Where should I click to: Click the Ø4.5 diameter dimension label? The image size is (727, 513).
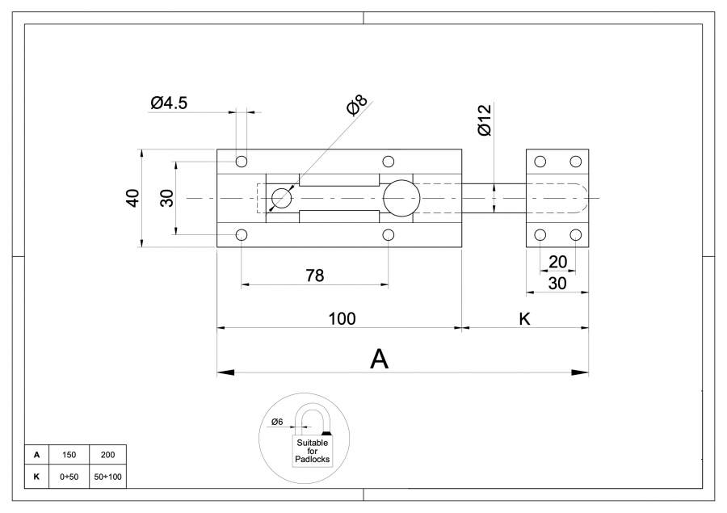168,103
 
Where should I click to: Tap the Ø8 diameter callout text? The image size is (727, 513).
356,107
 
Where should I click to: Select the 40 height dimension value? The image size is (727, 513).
132,198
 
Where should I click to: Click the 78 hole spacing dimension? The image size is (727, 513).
315,275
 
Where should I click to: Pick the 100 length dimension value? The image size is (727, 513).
342,318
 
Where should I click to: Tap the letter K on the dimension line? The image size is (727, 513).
523,318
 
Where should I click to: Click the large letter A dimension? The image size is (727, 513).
379,360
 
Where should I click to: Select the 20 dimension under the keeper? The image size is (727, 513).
557,262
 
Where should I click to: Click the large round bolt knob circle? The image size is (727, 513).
401,199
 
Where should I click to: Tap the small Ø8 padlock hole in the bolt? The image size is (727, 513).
281,199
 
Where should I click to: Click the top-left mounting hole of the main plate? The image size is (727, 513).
241,160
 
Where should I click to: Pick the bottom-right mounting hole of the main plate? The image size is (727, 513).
389,235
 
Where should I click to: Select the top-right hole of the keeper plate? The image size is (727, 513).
575,161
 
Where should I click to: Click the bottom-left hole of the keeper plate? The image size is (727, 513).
540,235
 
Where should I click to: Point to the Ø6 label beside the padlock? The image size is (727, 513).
276,422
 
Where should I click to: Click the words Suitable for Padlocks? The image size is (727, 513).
312,451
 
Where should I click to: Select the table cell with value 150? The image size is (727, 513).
69,456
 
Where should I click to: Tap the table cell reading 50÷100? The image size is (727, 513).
107,477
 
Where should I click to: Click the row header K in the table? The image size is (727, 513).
36,477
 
